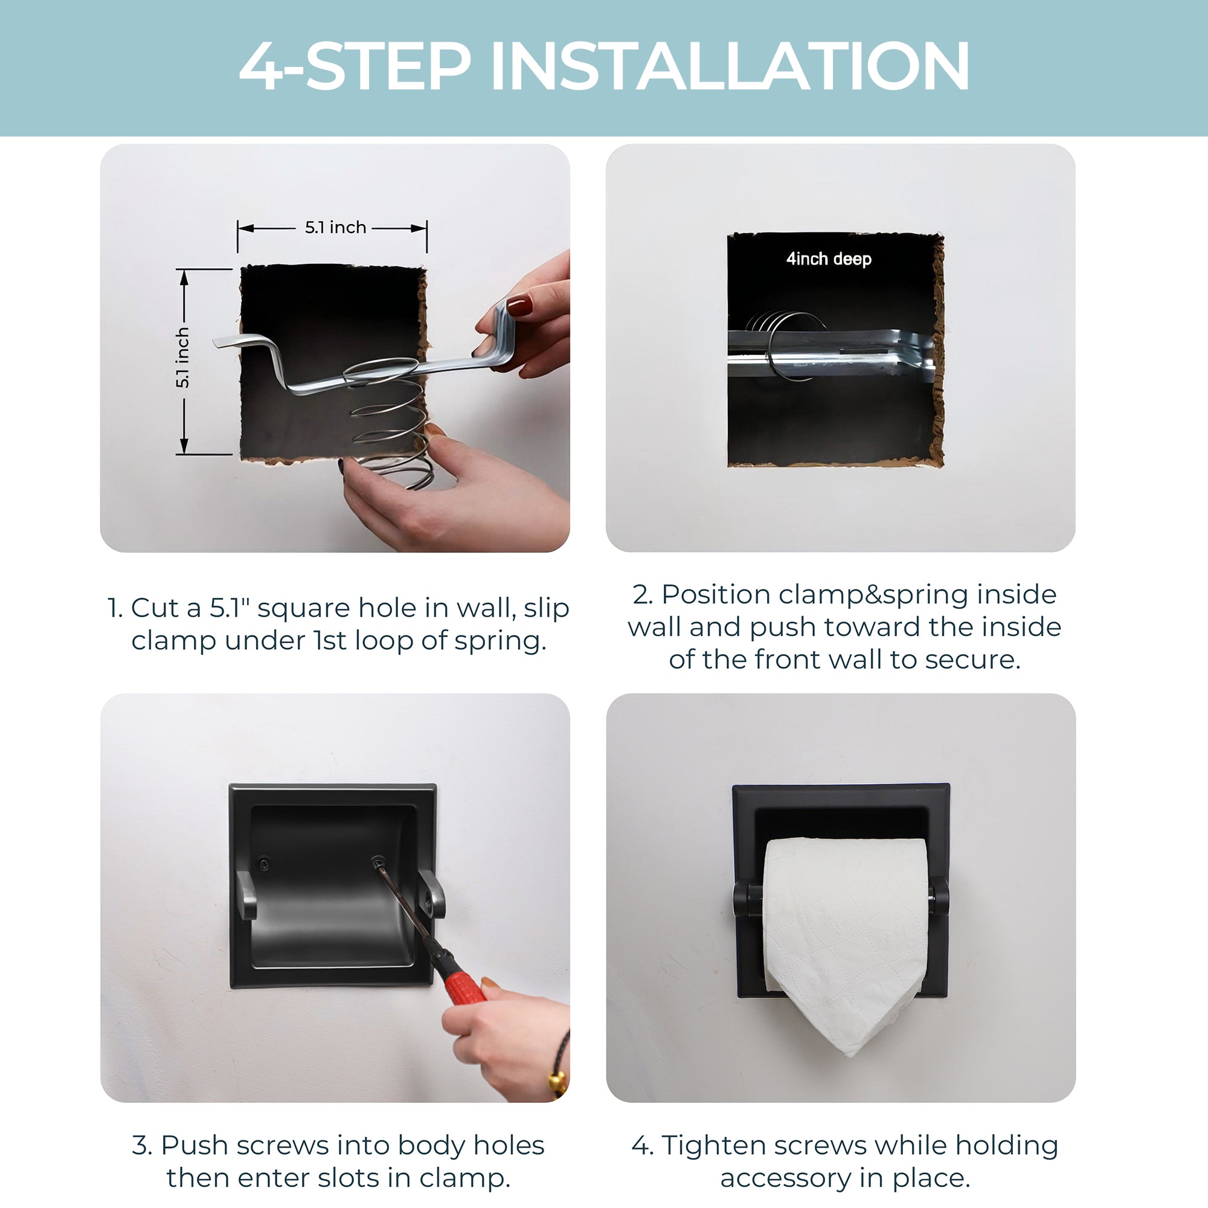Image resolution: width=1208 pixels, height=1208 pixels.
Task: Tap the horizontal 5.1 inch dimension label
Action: click(335, 228)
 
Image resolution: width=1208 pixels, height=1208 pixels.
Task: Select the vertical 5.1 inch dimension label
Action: click(182, 358)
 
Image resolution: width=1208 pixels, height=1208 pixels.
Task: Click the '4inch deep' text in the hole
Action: click(829, 259)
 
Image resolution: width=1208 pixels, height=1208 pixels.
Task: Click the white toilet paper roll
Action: click(846, 938)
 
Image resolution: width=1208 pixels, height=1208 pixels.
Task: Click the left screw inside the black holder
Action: click(263, 864)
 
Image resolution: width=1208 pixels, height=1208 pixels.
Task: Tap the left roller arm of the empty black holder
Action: click(246, 895)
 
